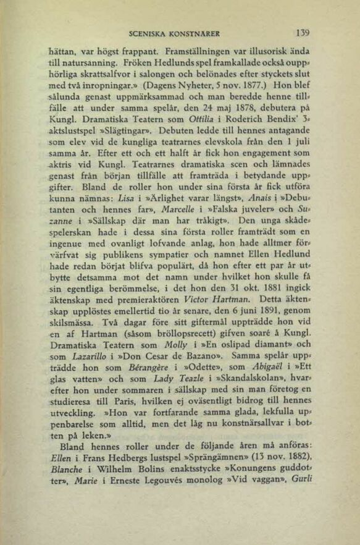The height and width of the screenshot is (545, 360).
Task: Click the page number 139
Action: coord(302,33)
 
